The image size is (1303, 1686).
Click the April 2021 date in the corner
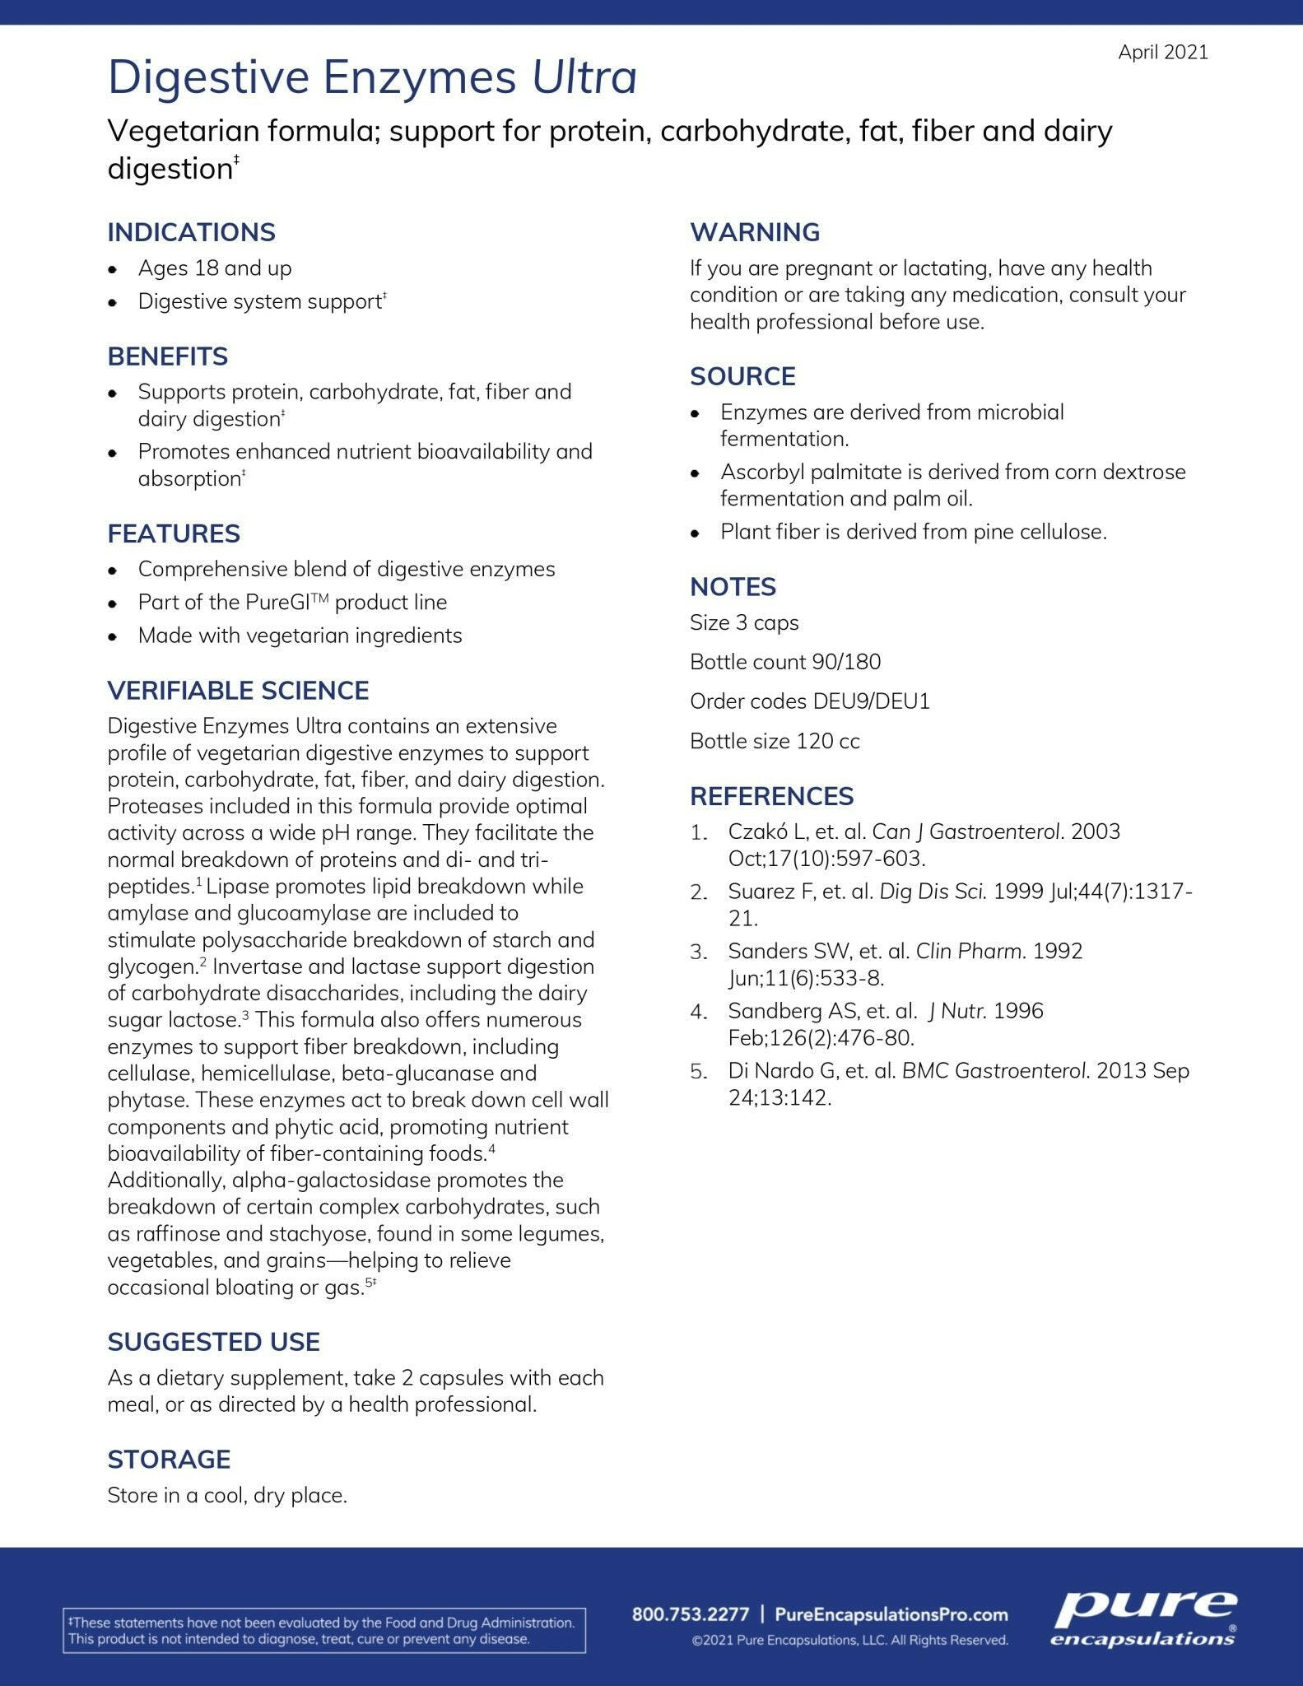[x=1162, y=52]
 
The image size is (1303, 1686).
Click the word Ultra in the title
[x=584, y=77]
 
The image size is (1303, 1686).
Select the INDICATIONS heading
[x=191, y=232]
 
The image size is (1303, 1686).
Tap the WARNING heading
[x=754, y=232]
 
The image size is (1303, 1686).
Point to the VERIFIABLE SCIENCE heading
[x=238, y=690]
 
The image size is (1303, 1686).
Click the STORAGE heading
[x=169, y=1459]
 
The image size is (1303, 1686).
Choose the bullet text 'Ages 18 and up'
[x=215, y=268]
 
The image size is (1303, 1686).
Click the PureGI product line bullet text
[x=292, y=603]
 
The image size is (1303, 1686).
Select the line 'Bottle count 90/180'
[x=784, y=662]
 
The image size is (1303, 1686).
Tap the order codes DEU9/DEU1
[x=871, y=701]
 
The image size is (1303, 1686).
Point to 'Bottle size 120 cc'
[x=775, y=741]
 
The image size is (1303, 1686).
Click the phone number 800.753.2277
[x=690, y=1614]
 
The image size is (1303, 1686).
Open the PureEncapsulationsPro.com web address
[x=891, y=1614]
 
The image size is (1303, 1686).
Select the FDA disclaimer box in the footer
[x=323, y=1630]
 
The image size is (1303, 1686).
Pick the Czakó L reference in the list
[x=924, y=845]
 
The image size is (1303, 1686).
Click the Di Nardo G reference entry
[x=958, y=1083]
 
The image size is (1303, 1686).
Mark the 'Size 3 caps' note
[x=744, y=622]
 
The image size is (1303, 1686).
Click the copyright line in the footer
[x=849, y=1640]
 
